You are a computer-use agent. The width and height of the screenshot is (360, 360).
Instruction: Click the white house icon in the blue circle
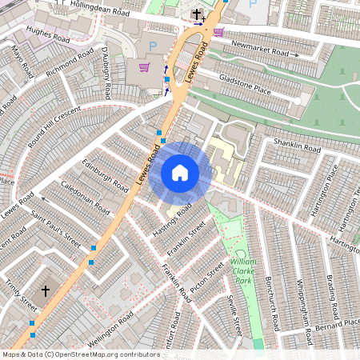pos(180,173)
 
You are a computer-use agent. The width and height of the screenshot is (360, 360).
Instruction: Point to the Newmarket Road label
pos(258,48)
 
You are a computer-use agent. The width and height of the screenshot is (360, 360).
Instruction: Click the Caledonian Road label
pos(86,197)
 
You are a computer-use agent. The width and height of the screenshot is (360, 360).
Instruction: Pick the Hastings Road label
pos(172,216)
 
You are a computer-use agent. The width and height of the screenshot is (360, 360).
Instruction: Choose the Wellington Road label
pos(111,330)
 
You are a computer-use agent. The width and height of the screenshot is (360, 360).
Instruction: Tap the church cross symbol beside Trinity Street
pos(46,291)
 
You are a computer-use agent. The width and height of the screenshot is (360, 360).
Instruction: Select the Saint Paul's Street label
pos(56,227)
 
